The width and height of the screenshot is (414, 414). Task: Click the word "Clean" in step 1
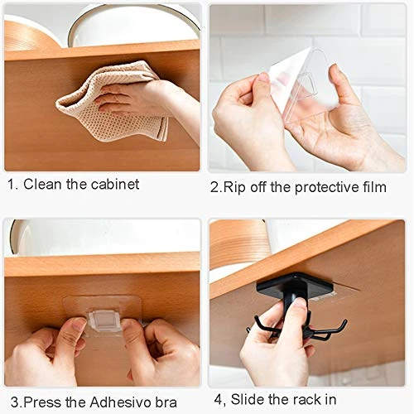pyautogui.click(x=42, y=184)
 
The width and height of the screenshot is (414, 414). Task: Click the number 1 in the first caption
pyautogui.click(x=11, y=184)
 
